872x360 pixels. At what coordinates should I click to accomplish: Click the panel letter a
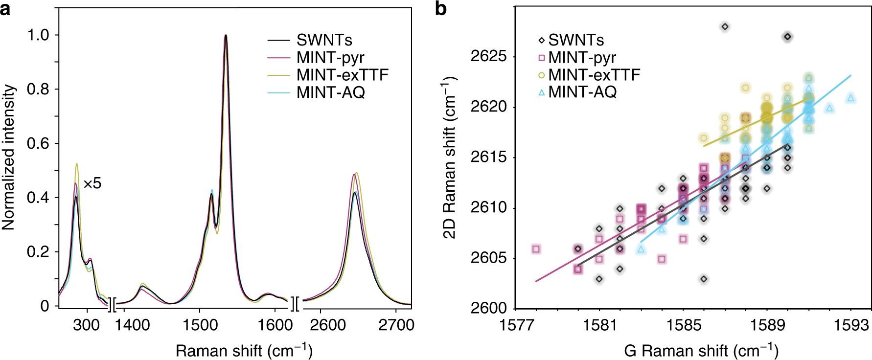click(6, 9)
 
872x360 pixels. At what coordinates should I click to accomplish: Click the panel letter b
click(440, 9)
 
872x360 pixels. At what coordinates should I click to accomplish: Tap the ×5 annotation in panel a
click(92, 184)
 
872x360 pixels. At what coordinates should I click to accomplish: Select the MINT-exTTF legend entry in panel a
click(342, 75)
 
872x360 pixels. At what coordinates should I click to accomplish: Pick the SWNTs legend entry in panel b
click(575, 40)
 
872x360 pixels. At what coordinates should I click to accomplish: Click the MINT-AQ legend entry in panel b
click(582, 91)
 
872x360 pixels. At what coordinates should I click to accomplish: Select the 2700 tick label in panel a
click(396, 325)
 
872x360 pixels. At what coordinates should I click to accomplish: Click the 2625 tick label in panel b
click(488, 56)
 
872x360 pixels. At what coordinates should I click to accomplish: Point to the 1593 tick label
click(851, 325)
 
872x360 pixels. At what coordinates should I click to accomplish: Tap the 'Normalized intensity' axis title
click(9, 157)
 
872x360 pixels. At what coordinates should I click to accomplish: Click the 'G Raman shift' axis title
click(701, 350)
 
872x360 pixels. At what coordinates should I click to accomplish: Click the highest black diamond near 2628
click(725, 26)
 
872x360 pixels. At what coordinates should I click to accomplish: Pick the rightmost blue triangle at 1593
click(850, 98)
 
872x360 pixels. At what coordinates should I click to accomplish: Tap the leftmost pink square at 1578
click(536, 249)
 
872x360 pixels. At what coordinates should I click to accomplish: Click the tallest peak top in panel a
click(226, 35)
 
